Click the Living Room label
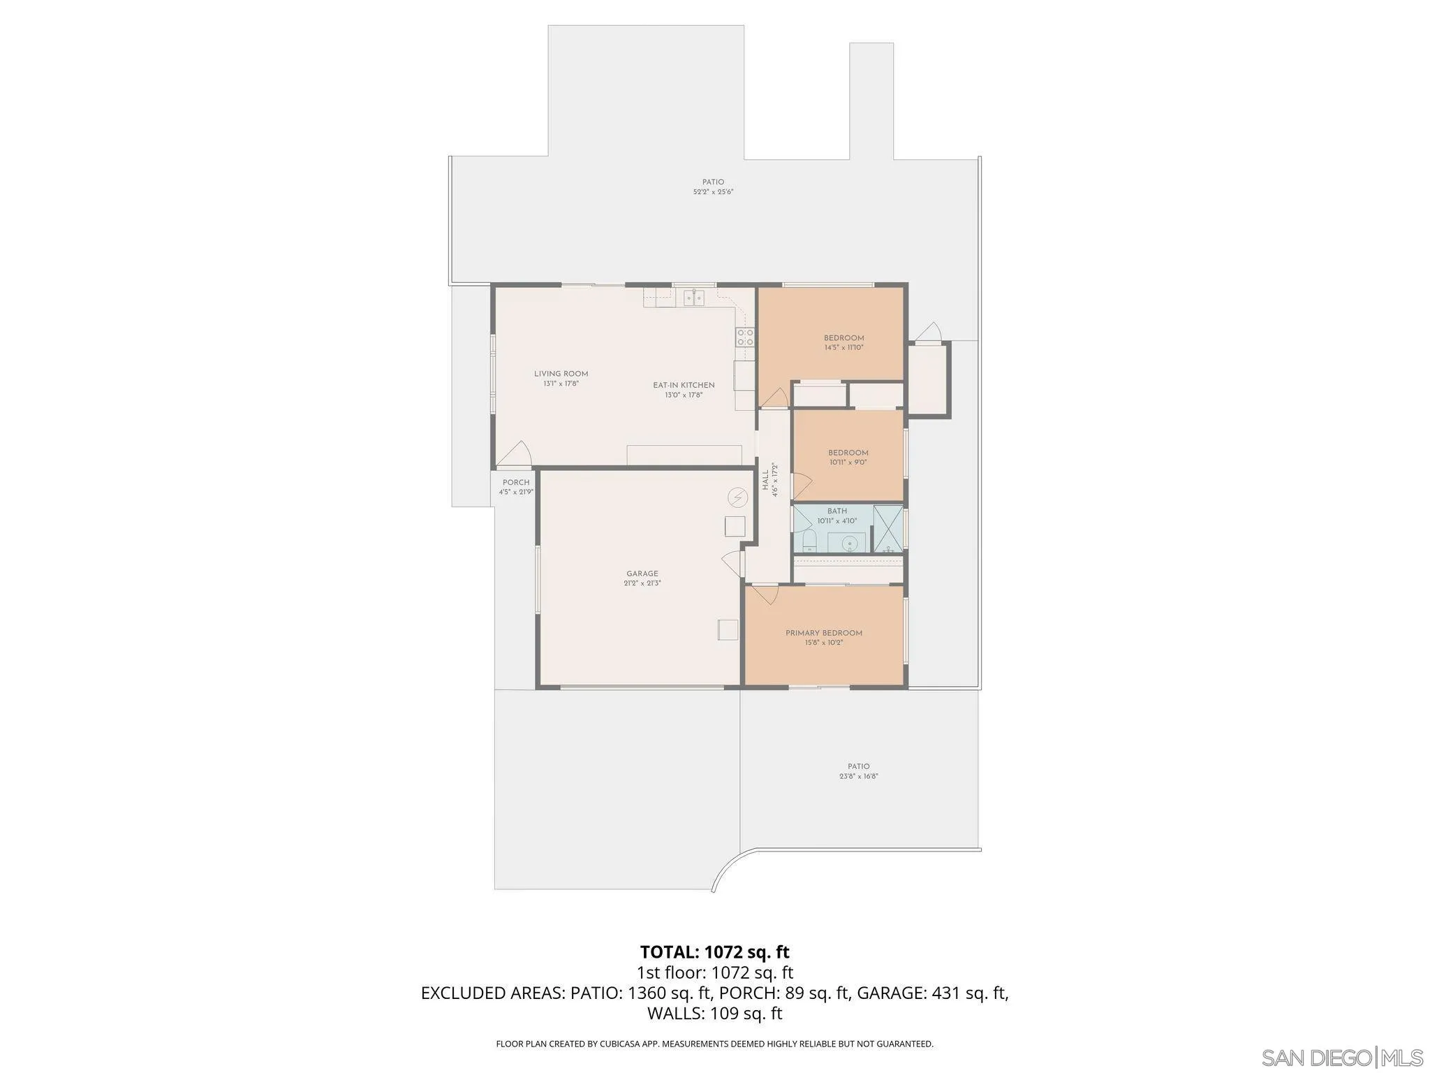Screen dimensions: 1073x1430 (x=561, y=374)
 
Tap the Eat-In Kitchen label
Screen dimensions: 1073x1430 (x=684, y=385)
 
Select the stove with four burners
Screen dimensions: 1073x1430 (x=745, y=337)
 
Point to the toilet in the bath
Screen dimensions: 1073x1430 (x=809, y=540)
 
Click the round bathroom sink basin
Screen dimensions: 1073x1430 (x=850, y=543)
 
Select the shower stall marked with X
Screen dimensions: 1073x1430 (x=887, y=529)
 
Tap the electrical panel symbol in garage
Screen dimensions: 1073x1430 (x=736, y=497)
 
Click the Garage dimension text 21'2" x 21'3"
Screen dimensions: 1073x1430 (x=642, y=583)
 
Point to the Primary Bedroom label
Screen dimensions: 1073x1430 (x=823, y=633)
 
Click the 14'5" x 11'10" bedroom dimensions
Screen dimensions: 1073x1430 (x=843, y=347)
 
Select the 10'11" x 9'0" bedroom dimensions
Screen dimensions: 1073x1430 (x=848, y=462)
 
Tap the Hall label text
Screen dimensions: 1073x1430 (x=765, y=479)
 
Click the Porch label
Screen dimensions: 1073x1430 (x=516, y=483)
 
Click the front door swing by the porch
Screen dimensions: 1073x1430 (x=516, y=456)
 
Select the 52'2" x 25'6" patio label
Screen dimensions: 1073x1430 (x=713, y=191)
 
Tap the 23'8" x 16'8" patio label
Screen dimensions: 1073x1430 (x=858, y=776)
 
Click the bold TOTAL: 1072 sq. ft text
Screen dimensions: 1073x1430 (x=714, y=951)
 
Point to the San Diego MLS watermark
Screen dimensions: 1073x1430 (x=1341, y=1057)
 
